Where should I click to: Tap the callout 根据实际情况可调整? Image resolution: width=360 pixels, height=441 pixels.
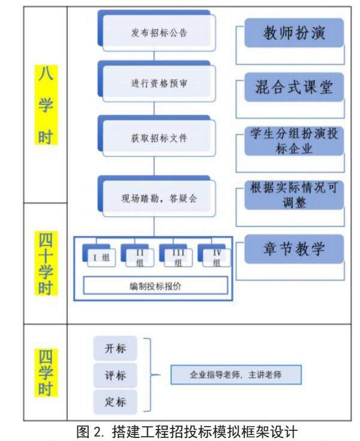coord(294,195)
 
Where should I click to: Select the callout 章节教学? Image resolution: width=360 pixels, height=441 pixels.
coord(294,249)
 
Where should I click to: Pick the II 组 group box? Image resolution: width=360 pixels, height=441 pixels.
coord(138,257)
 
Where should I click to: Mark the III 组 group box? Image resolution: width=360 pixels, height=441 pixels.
coord(177,257)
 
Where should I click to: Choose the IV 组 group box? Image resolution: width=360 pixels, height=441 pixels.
coord(216,257)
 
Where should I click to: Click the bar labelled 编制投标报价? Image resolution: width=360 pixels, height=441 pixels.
coord(155,286)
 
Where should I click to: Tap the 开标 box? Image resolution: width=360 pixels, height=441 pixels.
coord(115,350)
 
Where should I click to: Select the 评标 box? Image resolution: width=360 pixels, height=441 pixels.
coord(115,376)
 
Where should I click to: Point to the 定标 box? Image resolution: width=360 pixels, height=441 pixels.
coord(115,402)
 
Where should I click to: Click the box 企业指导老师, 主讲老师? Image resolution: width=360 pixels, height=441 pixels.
coord(235,375)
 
